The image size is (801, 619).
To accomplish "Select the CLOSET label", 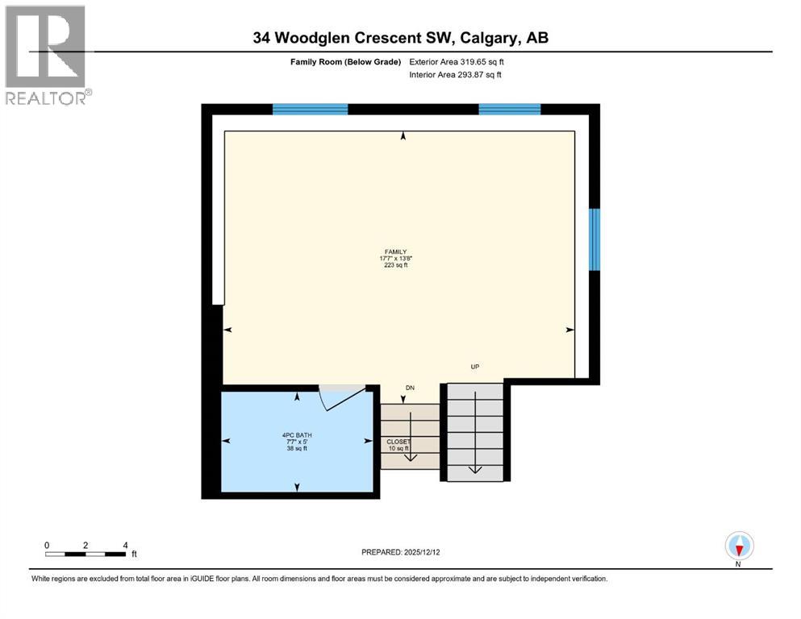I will [x=398, y=442].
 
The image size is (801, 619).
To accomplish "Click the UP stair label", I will [x=475, y=367].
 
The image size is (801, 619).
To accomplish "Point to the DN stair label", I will [x=410, y=388].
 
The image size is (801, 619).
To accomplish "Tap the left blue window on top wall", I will [x=310, y=110].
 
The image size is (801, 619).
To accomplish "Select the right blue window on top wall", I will [x=509, y=110].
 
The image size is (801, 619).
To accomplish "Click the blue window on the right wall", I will [x=594, y=239].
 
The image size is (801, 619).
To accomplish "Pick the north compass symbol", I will [x=739, y=546].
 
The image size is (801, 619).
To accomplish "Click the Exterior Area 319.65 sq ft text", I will [x=457, y=61].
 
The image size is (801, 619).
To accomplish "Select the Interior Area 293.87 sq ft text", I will [x=455, y=75].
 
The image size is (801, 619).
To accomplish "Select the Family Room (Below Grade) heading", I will [x=345, y=61].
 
